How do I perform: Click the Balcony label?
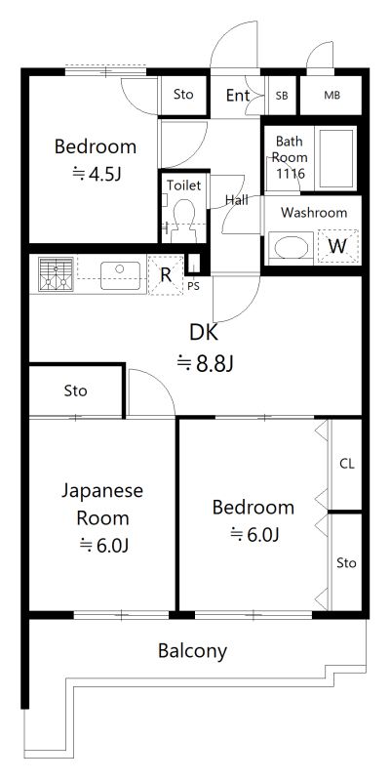[x=192, y=651]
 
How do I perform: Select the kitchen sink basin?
[x=120, y=275]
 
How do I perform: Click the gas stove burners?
[x=56, y=273]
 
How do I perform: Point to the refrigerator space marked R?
[x=166, y=274]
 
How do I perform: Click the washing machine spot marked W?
[x=338, y=247]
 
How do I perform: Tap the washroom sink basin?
[x=291, y=248]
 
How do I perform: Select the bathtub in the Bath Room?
[x=335, y=158]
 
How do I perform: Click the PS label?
[x=193, y=286]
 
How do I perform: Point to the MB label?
[x=332, y=95]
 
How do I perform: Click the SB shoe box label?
[x=282, y=96]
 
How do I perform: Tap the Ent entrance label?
[x=238, y=95]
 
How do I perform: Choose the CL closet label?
[x=347, y=465]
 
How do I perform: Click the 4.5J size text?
[x=97, y=175]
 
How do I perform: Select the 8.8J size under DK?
[x=206, y=363]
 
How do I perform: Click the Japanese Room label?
[x=102, y=504]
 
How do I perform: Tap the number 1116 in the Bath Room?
[x=290, y=174]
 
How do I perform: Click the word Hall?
[x=237, y=200]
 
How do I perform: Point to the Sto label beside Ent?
[x=183, y=94]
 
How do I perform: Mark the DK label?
[x=204, y=333]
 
